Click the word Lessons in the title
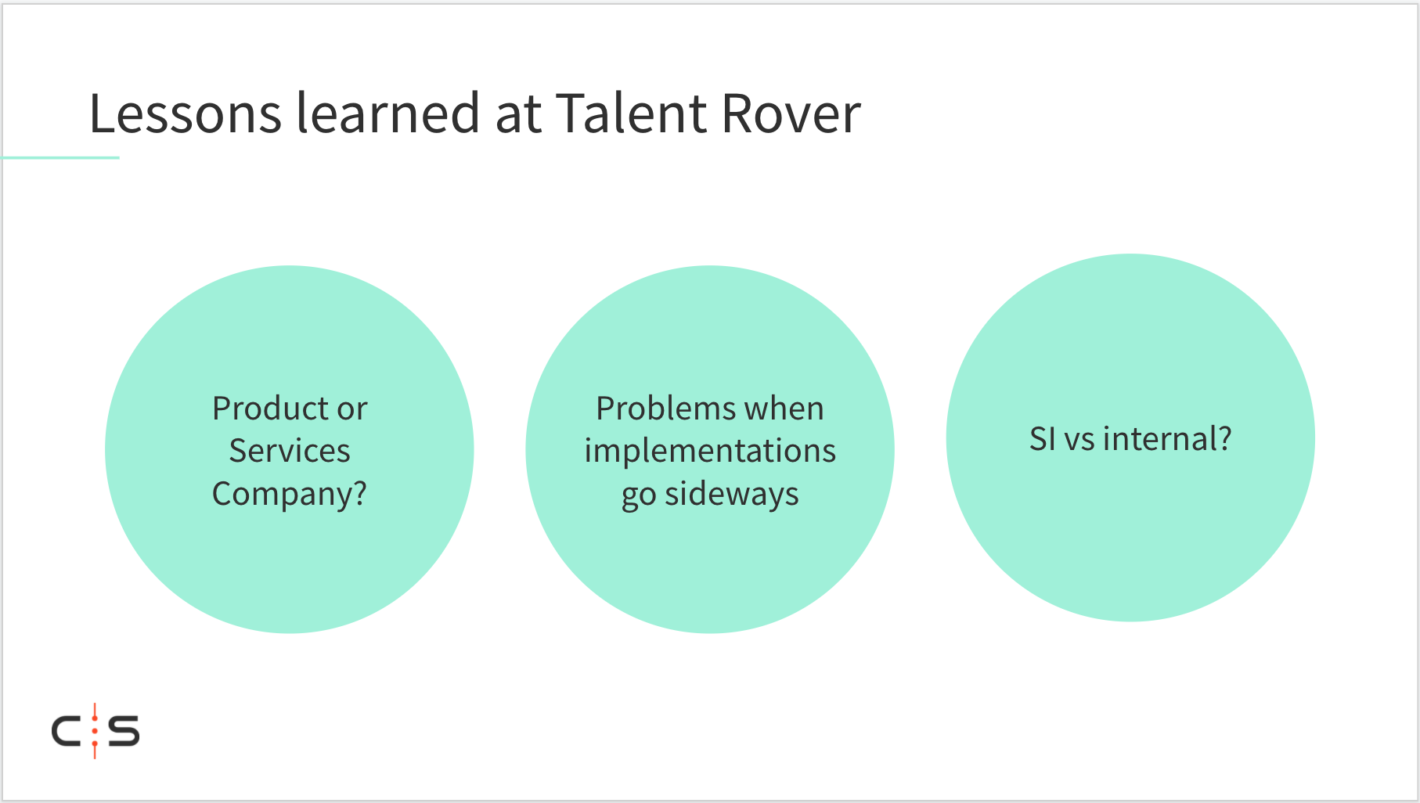click(186, 113)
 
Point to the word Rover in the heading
click(791, 113)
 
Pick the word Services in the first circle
click(290, 451)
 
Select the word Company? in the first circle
click(290, 495)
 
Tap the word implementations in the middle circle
click(710, 452)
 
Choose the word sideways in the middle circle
click(732, 495)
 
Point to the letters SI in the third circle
click(1042, 439)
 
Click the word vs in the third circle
click(1079, 441)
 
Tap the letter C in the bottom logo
click(66, 732)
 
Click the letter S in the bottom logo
click(124, 731)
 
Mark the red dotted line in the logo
click(95, 731)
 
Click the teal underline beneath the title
click(60, 158)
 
